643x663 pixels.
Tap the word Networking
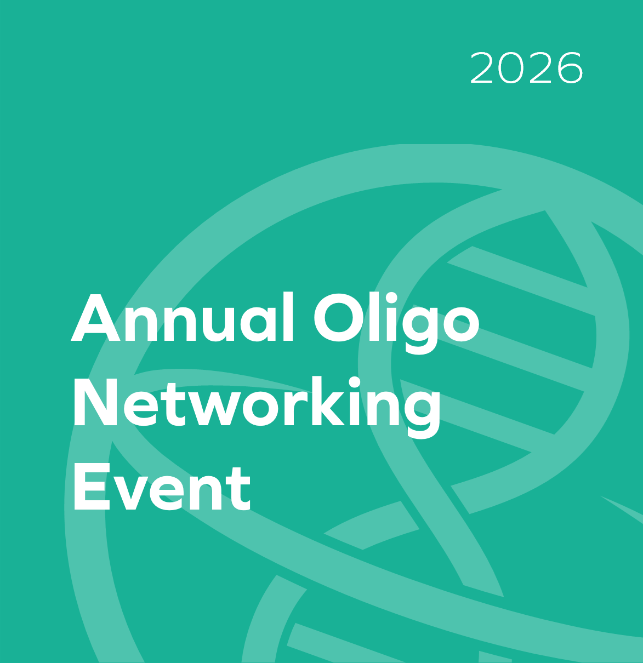pyautogui.click(x=256, y=404)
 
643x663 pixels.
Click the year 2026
pyautogui.click(x=526, y=68)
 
